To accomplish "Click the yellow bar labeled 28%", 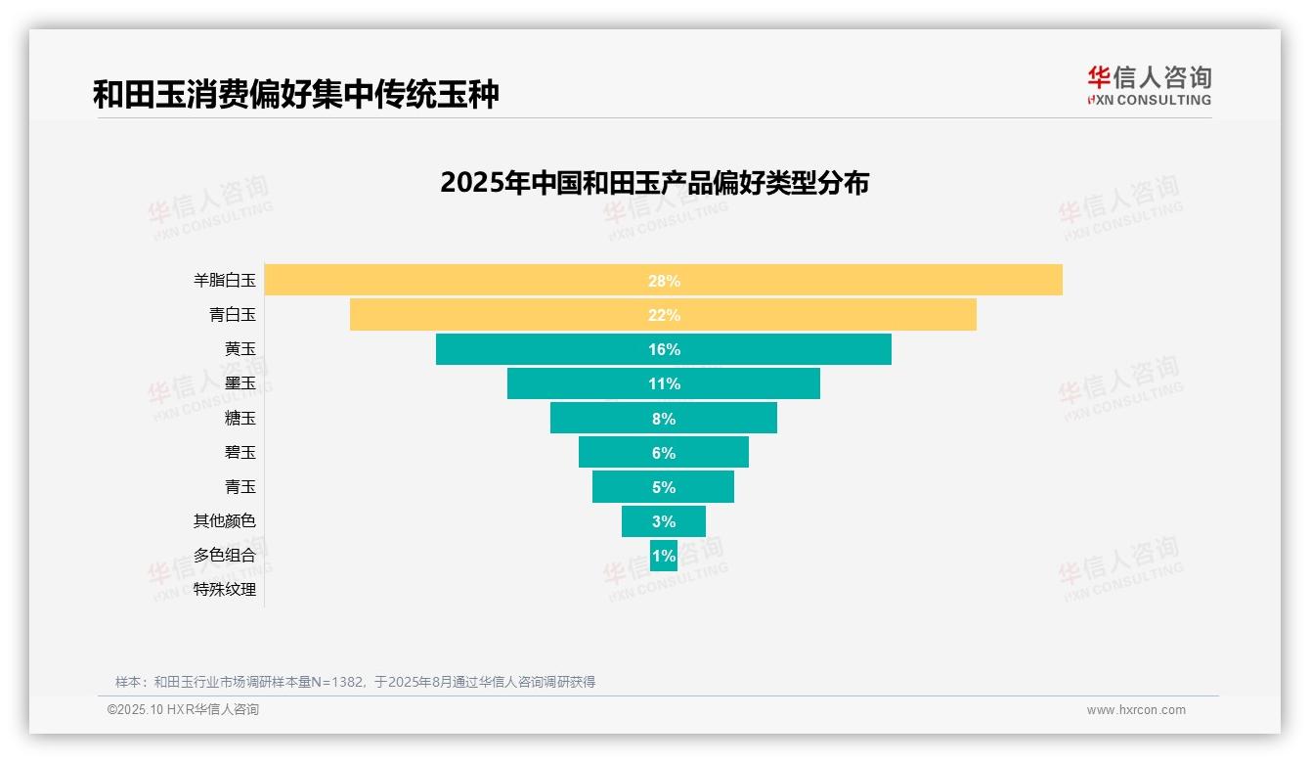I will coord(663,280).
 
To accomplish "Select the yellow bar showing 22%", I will coord(663,315).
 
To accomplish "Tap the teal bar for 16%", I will coord(663,349).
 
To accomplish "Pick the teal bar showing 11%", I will coord(663,383).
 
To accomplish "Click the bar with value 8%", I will coord(663,418).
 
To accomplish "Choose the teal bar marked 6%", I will coord(663,452).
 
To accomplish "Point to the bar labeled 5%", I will coord(663,486).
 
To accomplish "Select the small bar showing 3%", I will coord(663,520).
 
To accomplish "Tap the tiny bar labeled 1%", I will coord(663,556).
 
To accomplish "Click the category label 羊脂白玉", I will coord(224,281).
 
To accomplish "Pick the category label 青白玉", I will coord(232,315).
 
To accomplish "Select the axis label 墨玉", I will coord(240,383).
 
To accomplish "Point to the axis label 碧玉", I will coord(240,452).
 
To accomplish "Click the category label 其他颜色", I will coord(224,520).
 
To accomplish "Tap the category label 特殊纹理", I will coord(224,589).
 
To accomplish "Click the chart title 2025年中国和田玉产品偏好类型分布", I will coord(654,183).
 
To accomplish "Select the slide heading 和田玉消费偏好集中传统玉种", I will coord(295,95).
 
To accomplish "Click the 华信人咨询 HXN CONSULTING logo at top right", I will coord(1149,86).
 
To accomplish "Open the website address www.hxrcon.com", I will coord(1135,709).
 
